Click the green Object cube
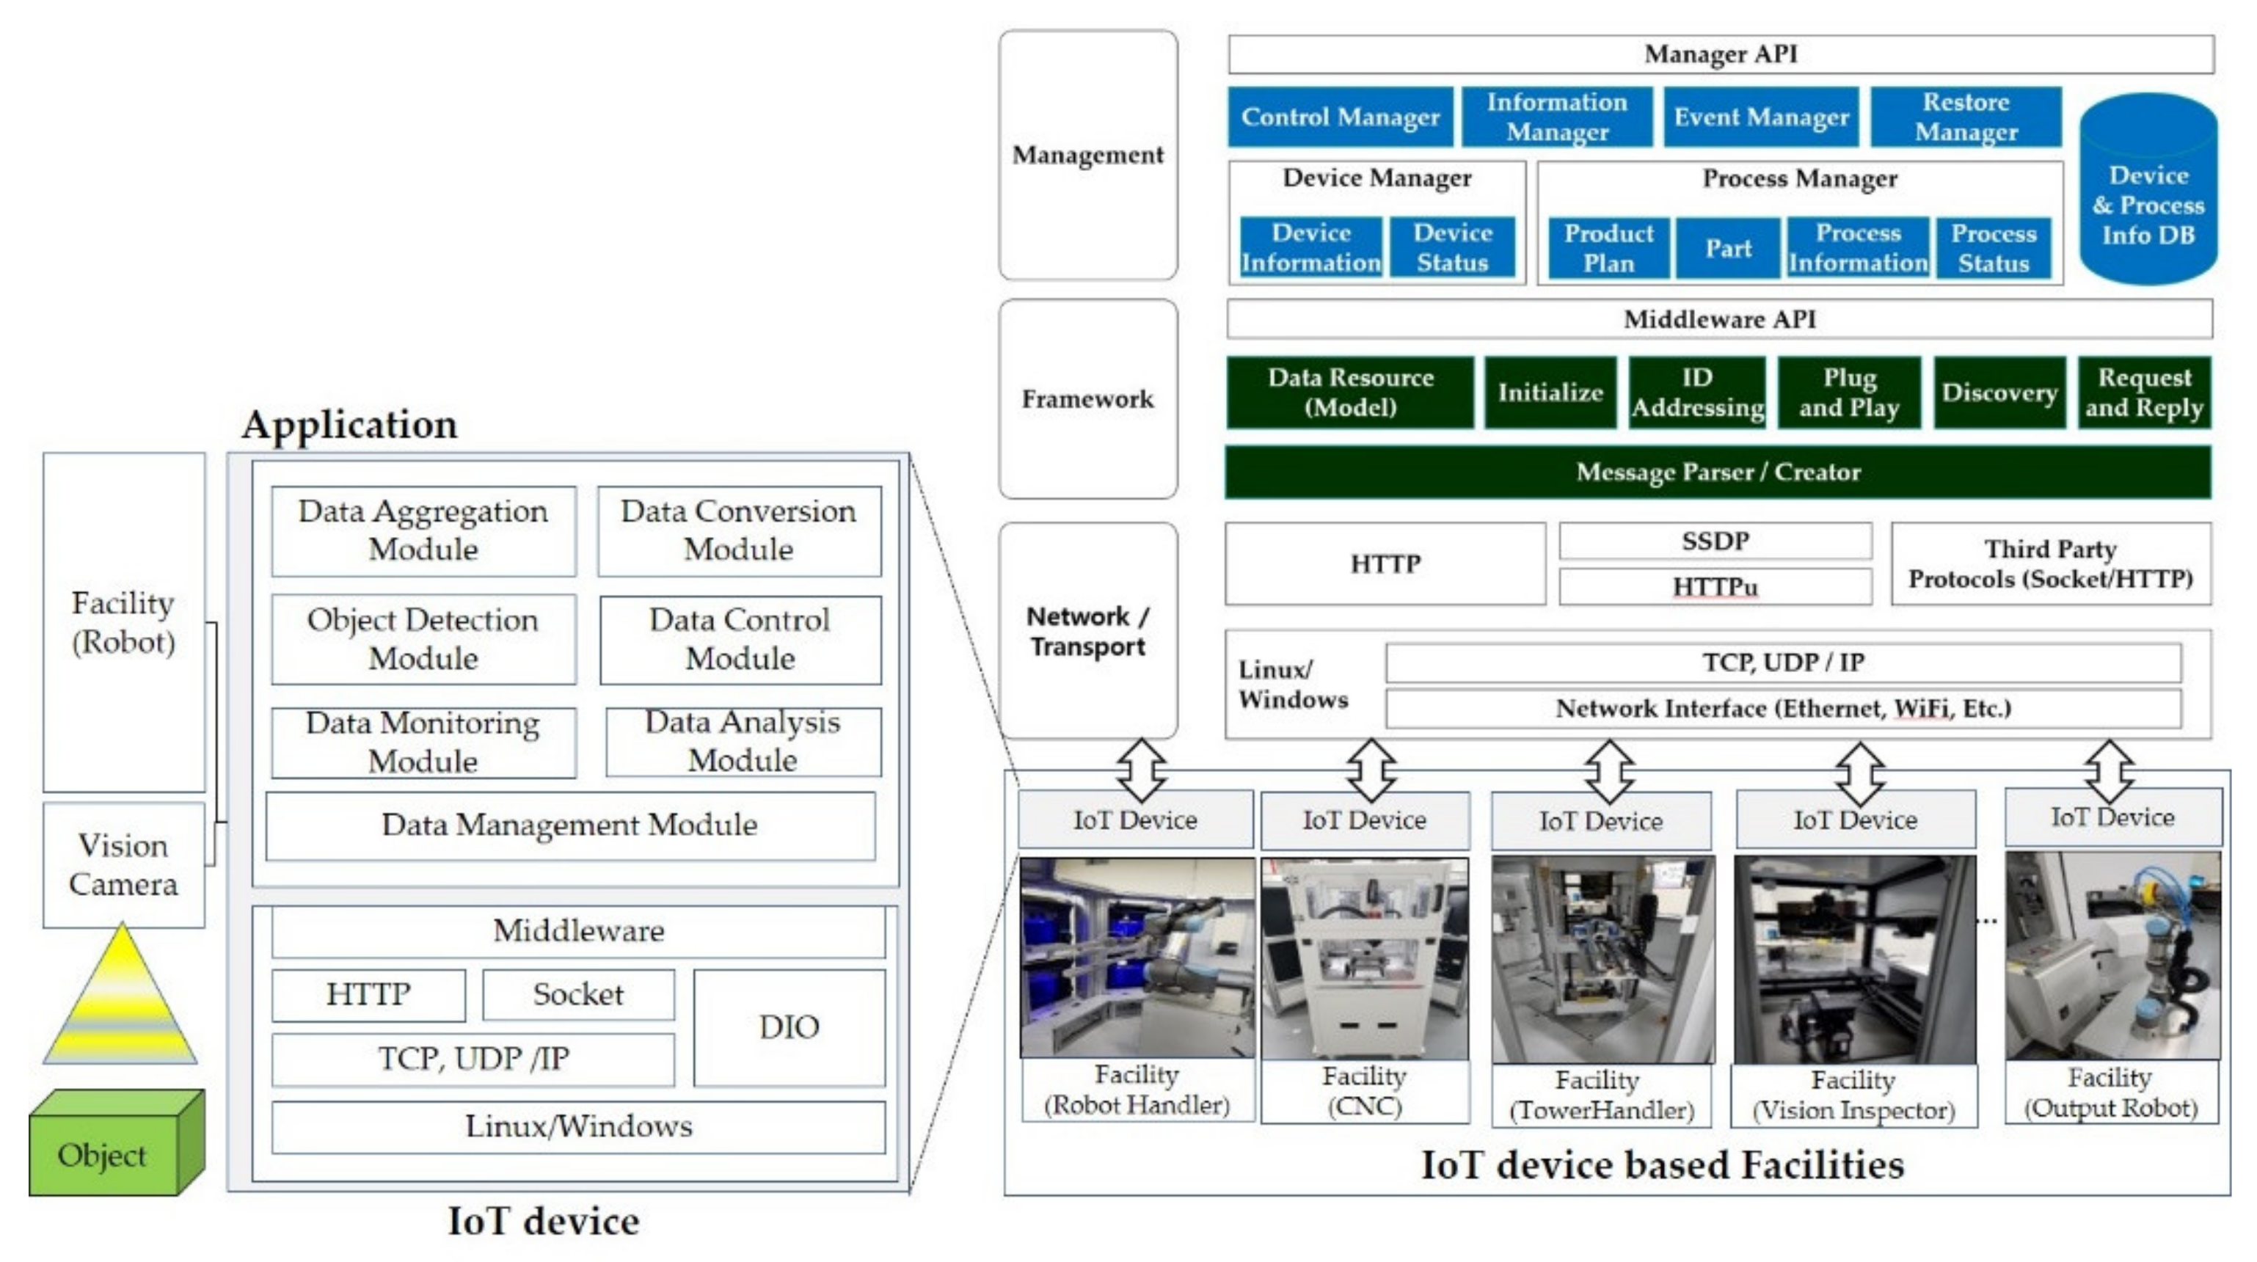(117, 1143)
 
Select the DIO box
(790, 1027)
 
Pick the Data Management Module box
(570, 825)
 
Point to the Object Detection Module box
(423, 639)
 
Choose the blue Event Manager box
(1761, 117)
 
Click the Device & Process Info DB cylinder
(2148, 190)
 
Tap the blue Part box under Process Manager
(1729, 249)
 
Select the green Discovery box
(1999, 393)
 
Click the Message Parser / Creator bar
(1717, 473)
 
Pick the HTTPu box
(1715, 586)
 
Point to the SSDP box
(1715, 541)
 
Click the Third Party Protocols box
(2050, 563)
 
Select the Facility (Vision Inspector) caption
(1853, 1095)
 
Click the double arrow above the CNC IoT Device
(1371, 770)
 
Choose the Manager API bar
(1721, 54)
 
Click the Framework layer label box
(1088, 398)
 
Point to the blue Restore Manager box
(1966, 117)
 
